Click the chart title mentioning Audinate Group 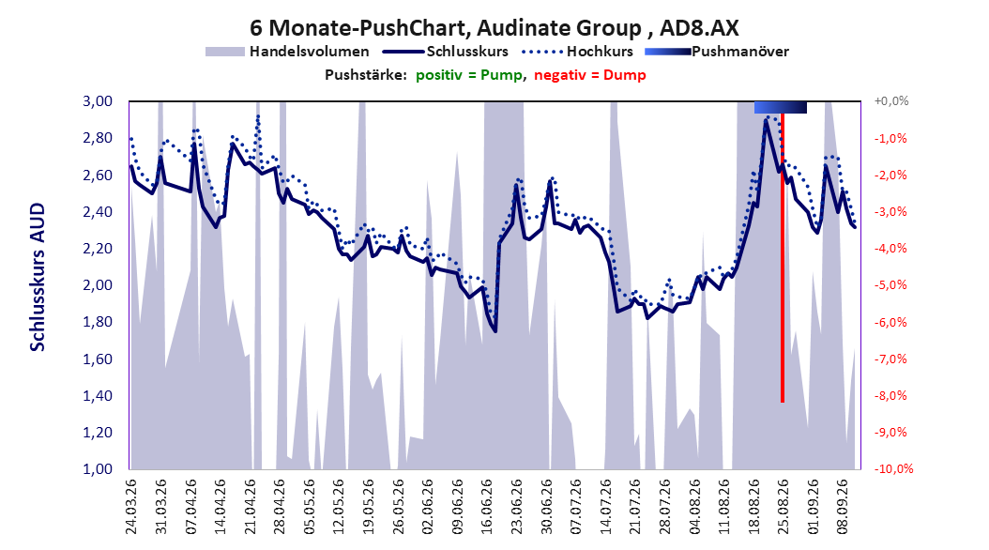click(x=494, y=28)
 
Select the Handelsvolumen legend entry click(x=287, y=52)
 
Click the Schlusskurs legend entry click(x=446, y=52)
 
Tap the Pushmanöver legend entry click(x=717, y=52)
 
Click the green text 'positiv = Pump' click(x=469, y=75)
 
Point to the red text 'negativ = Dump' click(x=590, y=75)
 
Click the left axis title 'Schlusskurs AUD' click(x=38, y=277)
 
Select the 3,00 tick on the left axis click(x=98, y=101)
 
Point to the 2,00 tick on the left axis click(x=98, y=285)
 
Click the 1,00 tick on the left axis click(x=98, y=468)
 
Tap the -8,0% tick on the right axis click(x=890, y=395)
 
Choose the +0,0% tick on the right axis click(x=891, y=101)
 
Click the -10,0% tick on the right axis click(x=893, y=468)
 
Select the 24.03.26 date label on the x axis click(x=131, y=507)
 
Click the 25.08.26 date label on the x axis click(x=783, y=507)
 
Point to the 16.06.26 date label click(x=486, y=507)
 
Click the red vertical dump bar click(x=783, y=257)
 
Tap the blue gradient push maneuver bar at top click(x=781, y=108)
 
